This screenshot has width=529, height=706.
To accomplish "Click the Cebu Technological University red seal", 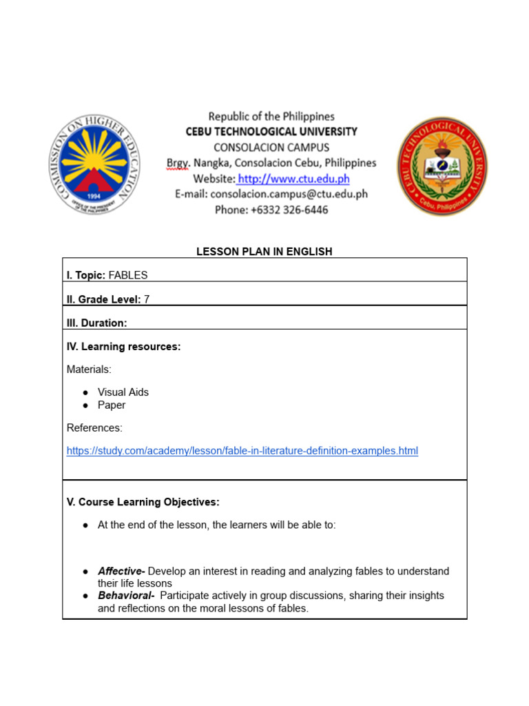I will pyautogui.click(x=442, y=165).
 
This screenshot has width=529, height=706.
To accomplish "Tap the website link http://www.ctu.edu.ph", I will pyautogui.click(x=294, y=179).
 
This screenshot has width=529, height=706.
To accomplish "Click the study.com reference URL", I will pyautogui.click(x=242, y=451).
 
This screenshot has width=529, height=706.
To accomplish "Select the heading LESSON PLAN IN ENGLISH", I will pyautogui.click(x=264, y=252).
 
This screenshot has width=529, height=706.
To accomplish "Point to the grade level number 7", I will pyautogui.click(x=147, y=299).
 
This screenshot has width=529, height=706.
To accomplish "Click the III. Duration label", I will pyautogui.click(x=96, y=323).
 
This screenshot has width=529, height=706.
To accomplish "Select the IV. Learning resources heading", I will pyautogui.click(x=123, y=347).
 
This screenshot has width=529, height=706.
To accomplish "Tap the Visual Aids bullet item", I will pyautogui.click(x=123, y=392).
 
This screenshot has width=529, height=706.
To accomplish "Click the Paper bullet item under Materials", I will pyautogui.click(x=112, y=405).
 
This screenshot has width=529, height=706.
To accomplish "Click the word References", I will pyautogui.click(x=94, y=428).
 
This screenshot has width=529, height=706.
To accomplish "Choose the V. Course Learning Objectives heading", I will pyautogui.click(x=143, y=502).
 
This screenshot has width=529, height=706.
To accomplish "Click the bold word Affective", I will pyautogui.click(x=121, y=572).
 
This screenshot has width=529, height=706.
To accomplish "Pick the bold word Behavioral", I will pyautogui.click(x=125, y=596).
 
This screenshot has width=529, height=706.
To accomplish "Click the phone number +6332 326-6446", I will pyautogui.click(x=290, y=210).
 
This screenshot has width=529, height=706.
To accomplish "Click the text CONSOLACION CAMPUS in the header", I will pyautogui.click(x=271, y=148).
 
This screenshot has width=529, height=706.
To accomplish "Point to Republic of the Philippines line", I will pyautogui.click(x=271, y=117).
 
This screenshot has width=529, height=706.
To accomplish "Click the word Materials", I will pyautogui.click(x=89, y=370).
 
